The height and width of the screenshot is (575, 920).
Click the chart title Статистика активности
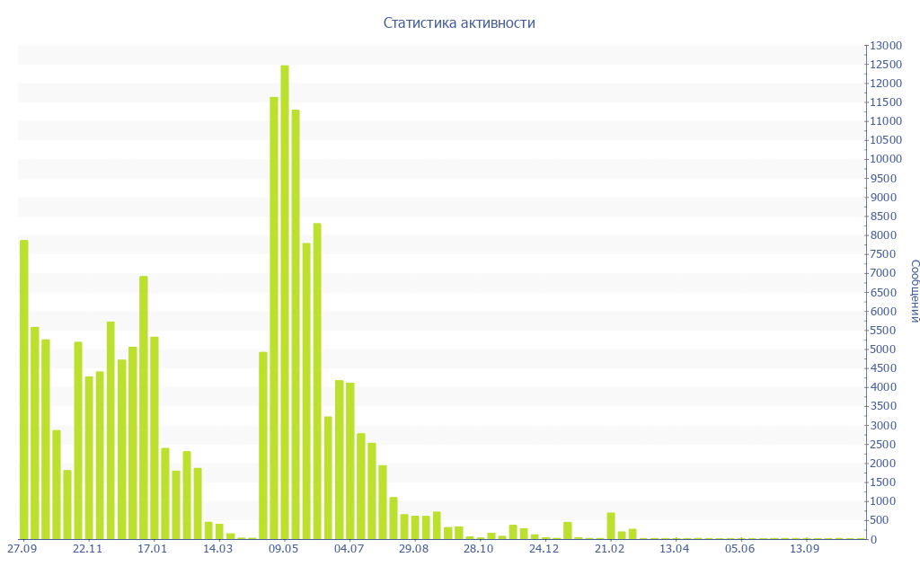tap(459, 23)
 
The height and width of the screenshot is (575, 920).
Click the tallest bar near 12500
tap(285, 302)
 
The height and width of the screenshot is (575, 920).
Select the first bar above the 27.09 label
tap(24, 389)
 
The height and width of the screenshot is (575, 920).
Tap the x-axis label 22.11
tap(88, 549)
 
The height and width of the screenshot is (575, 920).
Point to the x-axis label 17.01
tap(153, 549)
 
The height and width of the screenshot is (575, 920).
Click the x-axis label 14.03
tap(218, 549)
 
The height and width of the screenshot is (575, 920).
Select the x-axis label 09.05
tap(284, 549)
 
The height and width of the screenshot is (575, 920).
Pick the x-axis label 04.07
tap(349, 549)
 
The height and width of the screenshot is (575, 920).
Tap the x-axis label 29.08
tap(414, 549)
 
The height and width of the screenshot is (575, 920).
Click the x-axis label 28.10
tap(479, 549)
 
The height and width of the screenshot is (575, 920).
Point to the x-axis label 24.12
tap(544, 549)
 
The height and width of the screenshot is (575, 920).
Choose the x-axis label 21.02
tap(610, 549)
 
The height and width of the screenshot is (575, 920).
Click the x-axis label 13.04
tap(675, 549)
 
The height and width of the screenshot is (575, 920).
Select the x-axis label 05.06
tap(740, 549)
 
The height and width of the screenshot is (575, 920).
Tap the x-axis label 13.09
tap(805, 549)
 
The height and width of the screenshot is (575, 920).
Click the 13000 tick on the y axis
tap(885, 45)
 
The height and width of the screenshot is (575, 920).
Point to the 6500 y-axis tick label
tap(885, 292)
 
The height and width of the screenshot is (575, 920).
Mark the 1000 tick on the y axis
tap(885, 501)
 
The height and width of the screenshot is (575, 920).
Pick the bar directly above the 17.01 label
tap(155, 438)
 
